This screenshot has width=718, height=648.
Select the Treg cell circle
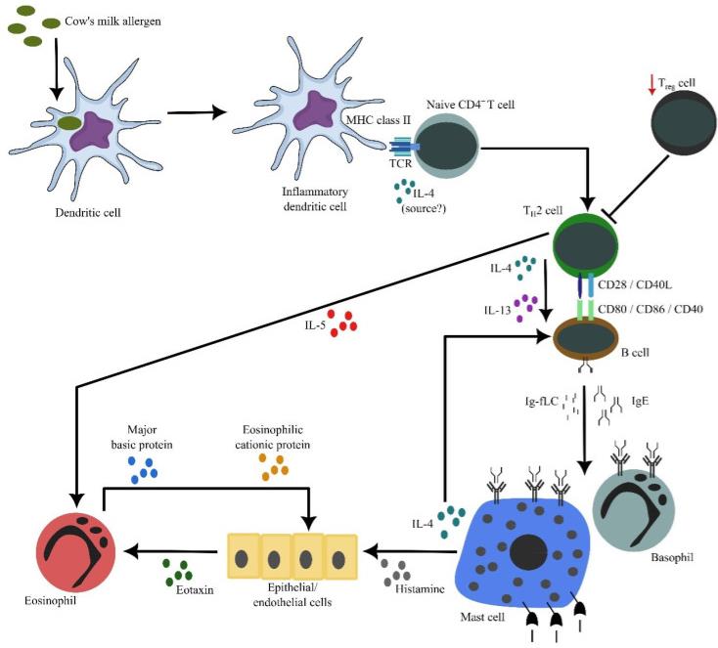(x=684, y=123)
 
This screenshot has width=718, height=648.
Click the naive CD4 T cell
(x=446, y=147)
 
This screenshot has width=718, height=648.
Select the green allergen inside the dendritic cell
(x=70, y=122)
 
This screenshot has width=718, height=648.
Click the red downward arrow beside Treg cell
(x=652, y=86)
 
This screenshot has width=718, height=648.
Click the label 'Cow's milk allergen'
(x=112, y=22)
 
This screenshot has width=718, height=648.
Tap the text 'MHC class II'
(x=379, y=120)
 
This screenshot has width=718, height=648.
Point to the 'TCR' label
(x=401, y=163)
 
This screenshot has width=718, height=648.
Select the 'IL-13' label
(x=497, y=310)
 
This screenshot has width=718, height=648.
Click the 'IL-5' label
(x=315, y=325)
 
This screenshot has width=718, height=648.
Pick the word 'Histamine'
(x=420, y=588)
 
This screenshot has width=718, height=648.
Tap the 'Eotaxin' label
(x=195, y=589)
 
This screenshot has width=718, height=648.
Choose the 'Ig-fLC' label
(x=541, y=402)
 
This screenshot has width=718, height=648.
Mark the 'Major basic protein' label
(x=142, y=437)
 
